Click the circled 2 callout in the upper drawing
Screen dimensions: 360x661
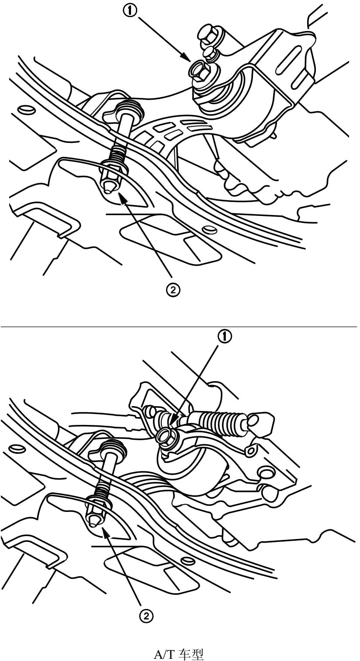click(173, 290)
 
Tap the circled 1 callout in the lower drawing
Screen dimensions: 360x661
click(225, 337)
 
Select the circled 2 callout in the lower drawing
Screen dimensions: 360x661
click(146, 616)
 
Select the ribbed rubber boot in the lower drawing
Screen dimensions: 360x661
click(217, 419)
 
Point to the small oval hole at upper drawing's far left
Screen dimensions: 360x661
click(24, 109)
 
